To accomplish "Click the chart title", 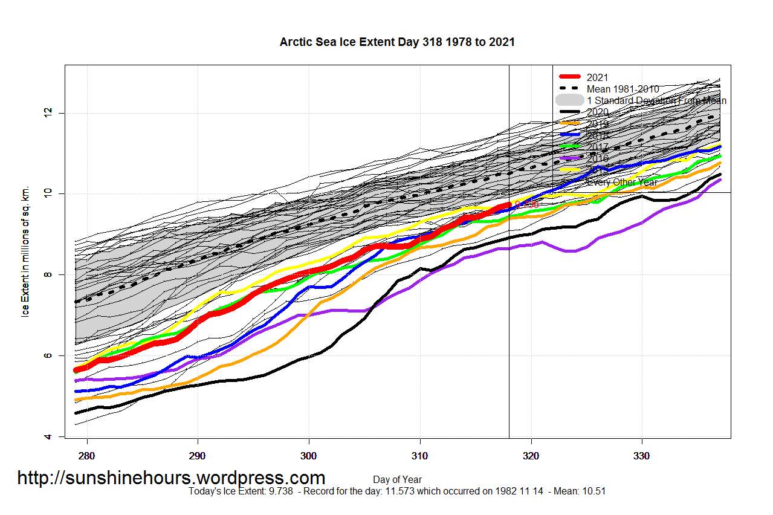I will click(x=397, y=42).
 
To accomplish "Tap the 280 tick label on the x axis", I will click(x=87, y=455).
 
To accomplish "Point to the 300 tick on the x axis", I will click(x=309, y=455).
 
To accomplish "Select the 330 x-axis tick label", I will click(x=642, y=455).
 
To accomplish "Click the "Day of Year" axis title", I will click(x=397, y=479).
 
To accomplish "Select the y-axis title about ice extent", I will click(x=26, y=251).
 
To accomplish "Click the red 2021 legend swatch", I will click(x=569, y=77).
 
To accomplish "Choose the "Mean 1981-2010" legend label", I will click(x=623, y=89).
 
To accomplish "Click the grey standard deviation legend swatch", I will click(x=569, y=100).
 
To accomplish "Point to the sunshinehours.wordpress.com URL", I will click(x=171, y=478).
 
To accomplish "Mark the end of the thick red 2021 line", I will click(x=509, y=204).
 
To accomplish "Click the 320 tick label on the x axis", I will click(x=531, y=455).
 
